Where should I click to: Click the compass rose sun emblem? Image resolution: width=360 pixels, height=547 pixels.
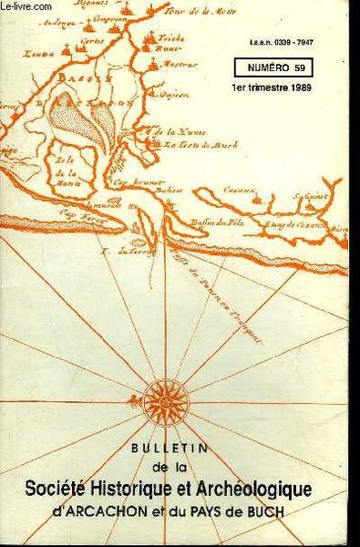click(x=166, y=401)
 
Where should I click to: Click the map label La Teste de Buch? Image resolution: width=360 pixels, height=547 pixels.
click(x=192, y=144)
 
